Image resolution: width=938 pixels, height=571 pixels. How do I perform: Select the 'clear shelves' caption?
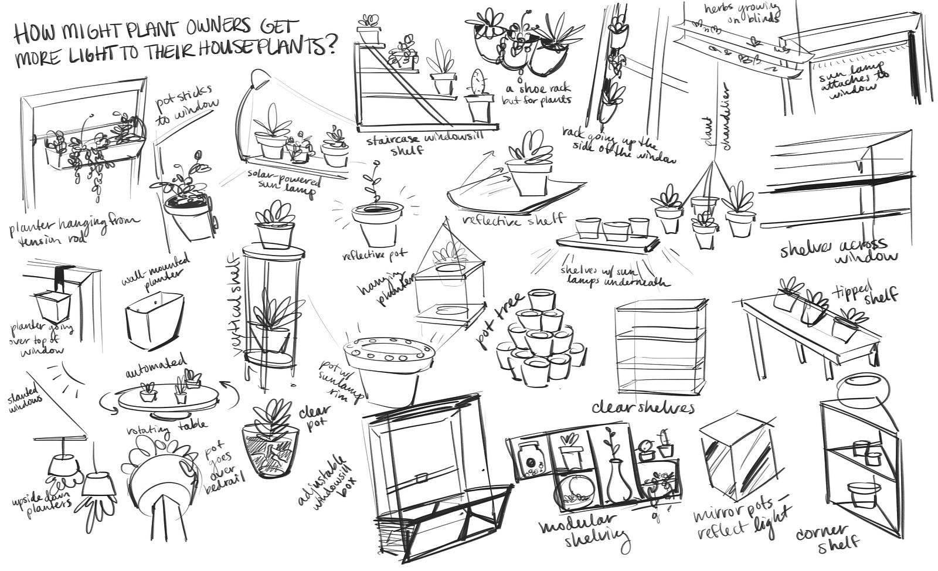pos(643,406)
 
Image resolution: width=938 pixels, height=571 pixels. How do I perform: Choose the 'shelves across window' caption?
pos(838,250)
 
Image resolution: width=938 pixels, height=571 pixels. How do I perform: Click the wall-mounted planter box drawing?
pos(155,320)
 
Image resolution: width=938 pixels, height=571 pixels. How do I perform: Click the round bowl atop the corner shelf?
pos(862,389)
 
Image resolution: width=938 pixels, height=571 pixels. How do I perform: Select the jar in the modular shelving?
pos(532,460)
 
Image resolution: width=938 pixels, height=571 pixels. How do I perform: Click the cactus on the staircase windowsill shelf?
pos(479,83)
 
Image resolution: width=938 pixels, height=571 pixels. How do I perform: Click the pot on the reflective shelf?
pos(529,176)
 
